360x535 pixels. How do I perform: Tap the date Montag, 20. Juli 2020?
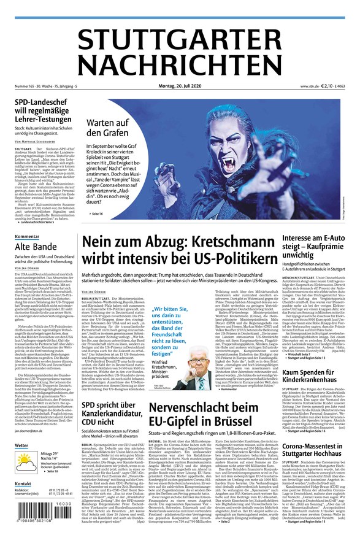pyautogui.click(x=179, y=87)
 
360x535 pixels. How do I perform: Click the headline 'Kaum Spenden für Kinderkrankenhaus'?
pyautogui.click(x=312, y=377)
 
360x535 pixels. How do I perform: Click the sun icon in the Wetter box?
pyautogui.click(x=26, y=457)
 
